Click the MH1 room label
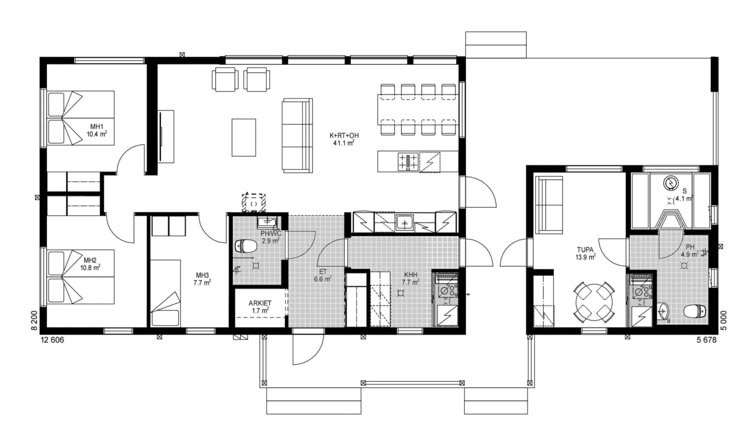click(x=97, y=127)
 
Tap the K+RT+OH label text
click(x=344, y=136)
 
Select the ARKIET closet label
click(x=260, y=303)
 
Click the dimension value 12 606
click(x=52, y=340)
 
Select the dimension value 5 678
click(x=706, y=340)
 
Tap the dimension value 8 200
click(x=35, y=321)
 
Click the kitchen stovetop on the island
click(x=408, y=162)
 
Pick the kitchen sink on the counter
click(x=404, y=223)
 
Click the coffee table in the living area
click(x=243, y=137)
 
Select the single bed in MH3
click(x=165, y=293)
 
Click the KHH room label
click(x=411, y=275)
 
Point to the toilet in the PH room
click(x=693, y=312)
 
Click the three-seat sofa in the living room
click(x=297, y=135)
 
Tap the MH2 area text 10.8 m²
click(x=90, y=268)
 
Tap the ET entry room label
click(x=323, y=272)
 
